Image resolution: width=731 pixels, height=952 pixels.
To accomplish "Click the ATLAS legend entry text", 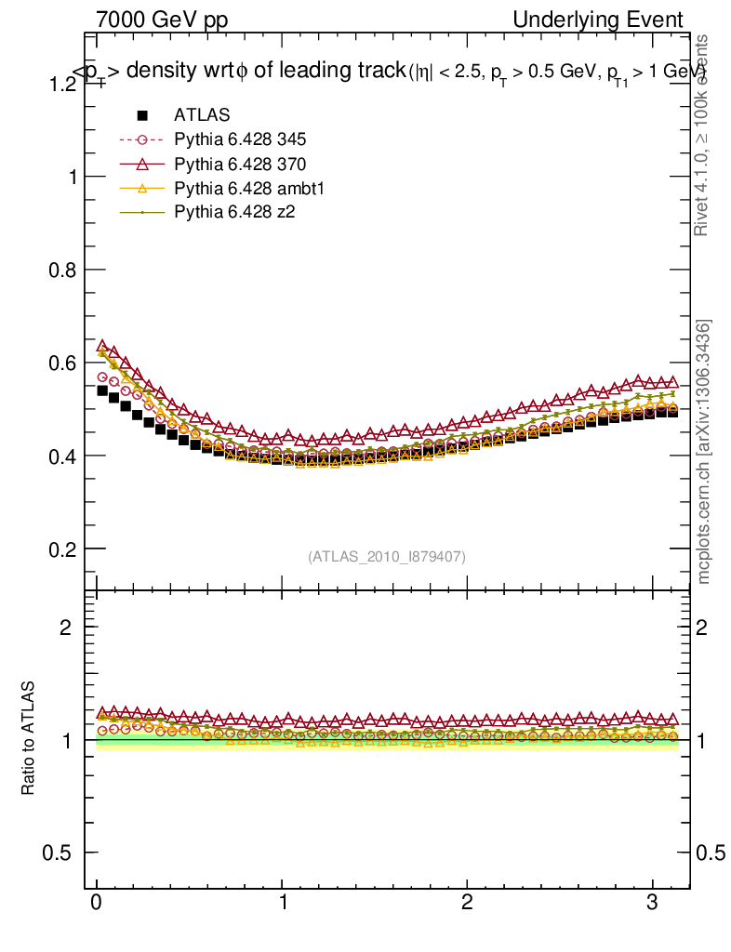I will [x=202, y=115].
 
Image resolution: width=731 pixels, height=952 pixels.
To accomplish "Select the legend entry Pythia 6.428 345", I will [x=240, y=139].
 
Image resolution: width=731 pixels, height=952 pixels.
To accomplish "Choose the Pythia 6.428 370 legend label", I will [x=240, y=164].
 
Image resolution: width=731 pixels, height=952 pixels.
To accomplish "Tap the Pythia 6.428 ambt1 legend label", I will [x=244, y=188].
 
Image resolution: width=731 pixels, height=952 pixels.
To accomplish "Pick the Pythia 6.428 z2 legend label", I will [x=234, y=212].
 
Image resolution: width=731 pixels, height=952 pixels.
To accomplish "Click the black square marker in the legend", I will [x=142, y=115].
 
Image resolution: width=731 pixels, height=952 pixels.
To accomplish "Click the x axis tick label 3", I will [x=653, y=904].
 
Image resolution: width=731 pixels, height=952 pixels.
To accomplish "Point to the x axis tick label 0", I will [x=97, y=904].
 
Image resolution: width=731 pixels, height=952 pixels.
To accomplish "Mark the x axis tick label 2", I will [x=468, y=904].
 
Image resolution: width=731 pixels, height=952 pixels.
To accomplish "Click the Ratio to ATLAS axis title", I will [x=29, y=738].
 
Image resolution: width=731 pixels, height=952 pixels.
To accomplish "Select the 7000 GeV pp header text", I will [x=162, y=20].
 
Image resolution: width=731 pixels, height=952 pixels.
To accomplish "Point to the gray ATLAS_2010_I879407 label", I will [x=387, y=556].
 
